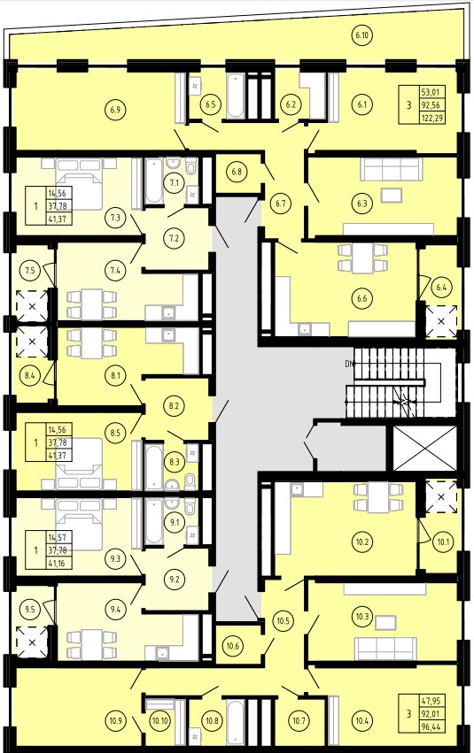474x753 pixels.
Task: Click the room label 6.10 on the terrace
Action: pos(362,35)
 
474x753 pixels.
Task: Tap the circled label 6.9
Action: pos(115,110)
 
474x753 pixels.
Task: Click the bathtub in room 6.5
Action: pos(235,96)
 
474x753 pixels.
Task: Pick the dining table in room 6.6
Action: pos(363,258)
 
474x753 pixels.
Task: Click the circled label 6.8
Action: pos(236,172)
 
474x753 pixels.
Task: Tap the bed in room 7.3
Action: pos(79,183)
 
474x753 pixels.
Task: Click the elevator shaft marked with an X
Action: pos(424,449)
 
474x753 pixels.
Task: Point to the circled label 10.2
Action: pos(362,542)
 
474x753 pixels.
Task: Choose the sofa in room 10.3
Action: pos(386,649)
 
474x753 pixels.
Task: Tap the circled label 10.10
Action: pos(159,720)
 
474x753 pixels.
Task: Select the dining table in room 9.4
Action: pos(92,643)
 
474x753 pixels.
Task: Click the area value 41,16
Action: pos(59,562)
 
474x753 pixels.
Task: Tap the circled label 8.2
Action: pos(174,405)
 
